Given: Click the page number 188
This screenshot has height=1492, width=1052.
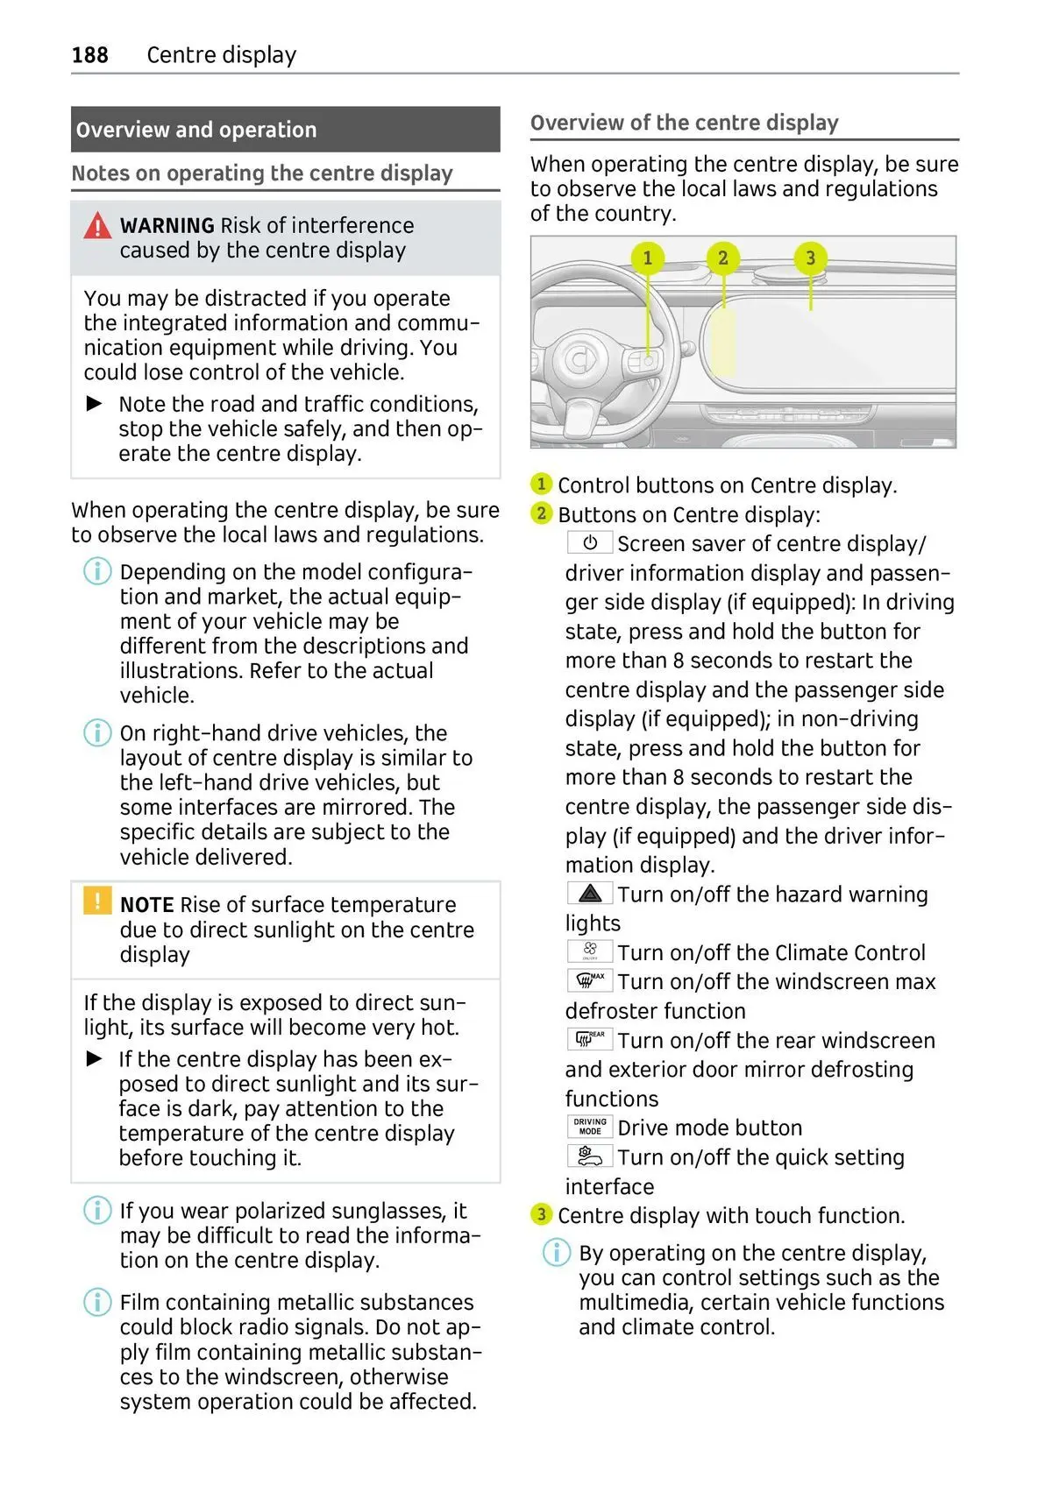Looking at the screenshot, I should (x=89, y=55).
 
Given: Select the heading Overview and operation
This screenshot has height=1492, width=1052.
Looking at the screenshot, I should (x=196, y=130).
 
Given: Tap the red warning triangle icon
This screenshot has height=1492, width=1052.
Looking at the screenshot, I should (x=97, y=226).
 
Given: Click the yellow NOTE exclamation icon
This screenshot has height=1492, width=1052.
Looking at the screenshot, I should (x=97, y=901).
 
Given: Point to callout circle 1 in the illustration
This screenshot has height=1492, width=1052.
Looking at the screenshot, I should (x=648, y=258).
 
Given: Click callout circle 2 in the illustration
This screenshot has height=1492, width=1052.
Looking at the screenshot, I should (x=723, y=258).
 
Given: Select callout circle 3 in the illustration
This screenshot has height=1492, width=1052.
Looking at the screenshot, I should (x=810, y=258).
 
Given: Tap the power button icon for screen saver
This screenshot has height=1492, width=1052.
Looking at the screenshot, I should (x=590, y=543).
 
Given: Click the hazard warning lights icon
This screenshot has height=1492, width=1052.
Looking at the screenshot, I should (x=590, y=894).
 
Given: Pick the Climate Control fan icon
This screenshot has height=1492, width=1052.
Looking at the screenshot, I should (x=590, y=951).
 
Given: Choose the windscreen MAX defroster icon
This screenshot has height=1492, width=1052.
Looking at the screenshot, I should (x=590, y=980).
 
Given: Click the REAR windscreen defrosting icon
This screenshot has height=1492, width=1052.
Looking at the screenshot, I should (x=590, y=1039).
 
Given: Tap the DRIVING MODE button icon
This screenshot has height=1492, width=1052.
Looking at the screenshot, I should (x=590, y=1127).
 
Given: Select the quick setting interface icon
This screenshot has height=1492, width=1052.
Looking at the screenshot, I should (x=590, y=1156).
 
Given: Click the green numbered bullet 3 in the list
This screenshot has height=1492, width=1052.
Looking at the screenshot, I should (x=542, y=1214).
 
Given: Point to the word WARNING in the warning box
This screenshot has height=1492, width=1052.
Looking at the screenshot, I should (x=167, y=226).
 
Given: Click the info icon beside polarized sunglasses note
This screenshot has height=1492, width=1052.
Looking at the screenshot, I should (x=97, y=1211).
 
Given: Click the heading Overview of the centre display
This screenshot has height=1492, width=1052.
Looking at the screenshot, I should (x=685, y=123).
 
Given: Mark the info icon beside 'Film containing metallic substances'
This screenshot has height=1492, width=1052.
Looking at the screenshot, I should (x=97, y=1302).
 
